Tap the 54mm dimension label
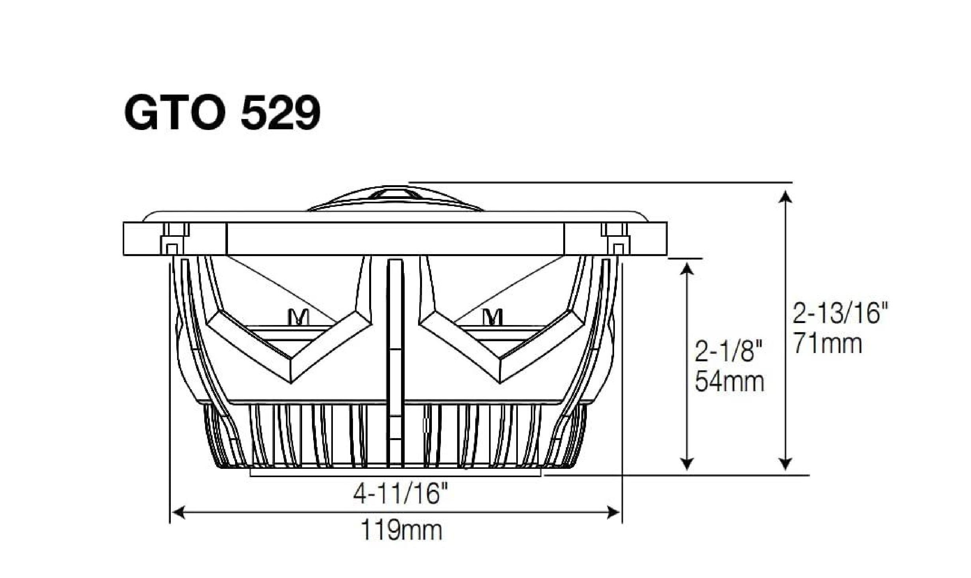[x=729, y=381]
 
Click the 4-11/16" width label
[x=401, y=494]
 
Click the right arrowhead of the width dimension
[x=614, y=513]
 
